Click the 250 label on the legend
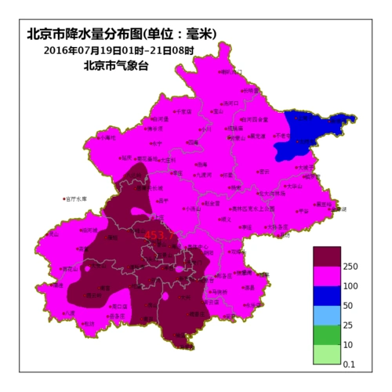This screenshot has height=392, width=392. coord(350,267)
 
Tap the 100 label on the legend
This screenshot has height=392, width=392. coord(350,286)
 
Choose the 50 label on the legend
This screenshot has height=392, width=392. coord(348,305)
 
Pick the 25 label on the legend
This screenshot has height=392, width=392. coord(348,325)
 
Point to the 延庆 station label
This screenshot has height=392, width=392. coord(158,143)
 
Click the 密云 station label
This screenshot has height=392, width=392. coord(266,170)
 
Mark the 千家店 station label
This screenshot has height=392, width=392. coord(185,112)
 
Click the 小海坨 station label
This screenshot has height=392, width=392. coord(108,137)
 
